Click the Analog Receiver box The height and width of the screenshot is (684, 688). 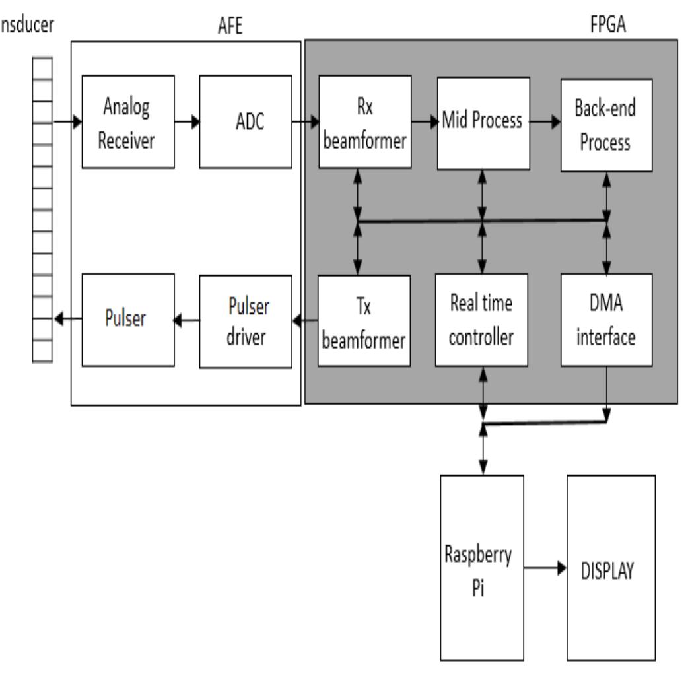(x=128, y=122)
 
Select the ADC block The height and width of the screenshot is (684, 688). (x=246, y=122)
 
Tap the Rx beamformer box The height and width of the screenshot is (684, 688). (x=365, y=122)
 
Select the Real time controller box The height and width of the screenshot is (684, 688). (x=481, y=320)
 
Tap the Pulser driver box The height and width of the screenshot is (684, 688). (x=246, y=321)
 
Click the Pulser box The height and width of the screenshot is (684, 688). (x=128, y=320)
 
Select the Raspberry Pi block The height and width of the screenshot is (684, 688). (x=482, y=567)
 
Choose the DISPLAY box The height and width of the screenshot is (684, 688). (x=611, y=567)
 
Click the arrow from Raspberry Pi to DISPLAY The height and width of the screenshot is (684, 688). (x=545, y=568)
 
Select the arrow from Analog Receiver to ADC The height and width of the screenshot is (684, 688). (x=187, y=122)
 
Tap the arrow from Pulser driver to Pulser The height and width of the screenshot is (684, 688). (x=187, y=320)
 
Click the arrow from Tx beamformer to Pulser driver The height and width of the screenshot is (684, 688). (x=305, y=321)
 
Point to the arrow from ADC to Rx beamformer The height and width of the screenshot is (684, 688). (x=305, y=122)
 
